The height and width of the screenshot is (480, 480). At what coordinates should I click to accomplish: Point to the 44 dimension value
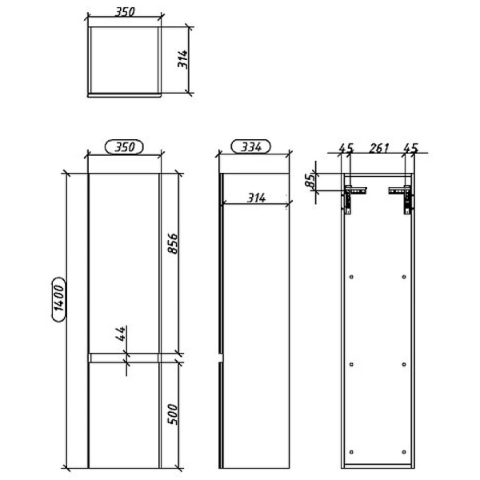coord(120,334)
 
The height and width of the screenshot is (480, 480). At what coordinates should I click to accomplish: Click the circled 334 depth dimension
coord(251,147)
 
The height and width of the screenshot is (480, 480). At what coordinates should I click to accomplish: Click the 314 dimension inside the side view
coord(256,198)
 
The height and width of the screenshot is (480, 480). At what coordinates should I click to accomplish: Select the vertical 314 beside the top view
coord(182,56)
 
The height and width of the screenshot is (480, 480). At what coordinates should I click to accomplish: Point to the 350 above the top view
coord(123,14)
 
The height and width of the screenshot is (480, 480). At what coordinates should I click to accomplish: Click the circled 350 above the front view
coord(123,147)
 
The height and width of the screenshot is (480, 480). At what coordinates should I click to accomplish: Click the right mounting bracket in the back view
coord(402,195)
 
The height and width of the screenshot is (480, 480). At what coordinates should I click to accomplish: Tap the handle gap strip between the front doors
coord(124,357)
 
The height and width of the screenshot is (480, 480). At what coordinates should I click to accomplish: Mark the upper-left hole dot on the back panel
coord(352,277)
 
